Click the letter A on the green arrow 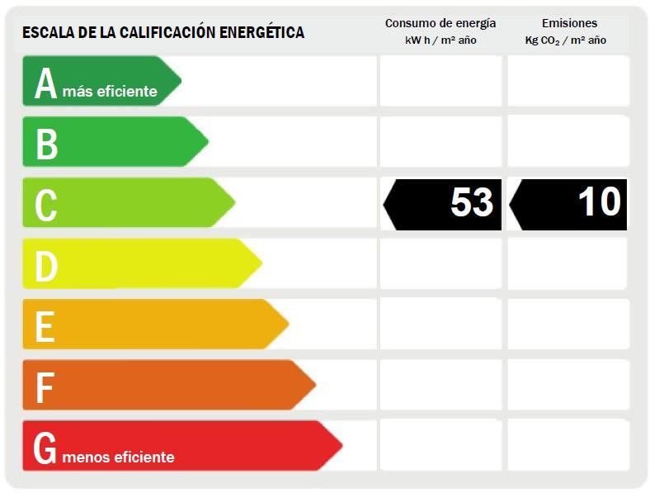(45, 83)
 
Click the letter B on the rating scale (46, 144)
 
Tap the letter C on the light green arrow (46, 205)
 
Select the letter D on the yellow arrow (46, 266)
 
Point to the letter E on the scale (45, 326)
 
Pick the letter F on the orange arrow (44, 387)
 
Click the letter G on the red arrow (45, 448)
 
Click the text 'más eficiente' (110, 92)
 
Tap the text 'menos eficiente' (118, 457)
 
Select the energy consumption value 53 (472, 203)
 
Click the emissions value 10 (600, 202)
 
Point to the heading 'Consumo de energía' (440, 23)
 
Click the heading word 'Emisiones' (569, 23)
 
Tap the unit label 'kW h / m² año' (440, 40)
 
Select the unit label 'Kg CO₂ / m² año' (566, 40)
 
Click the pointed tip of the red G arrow (341, 446)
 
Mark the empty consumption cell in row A (440, 81)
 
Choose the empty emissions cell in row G (568, 446)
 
